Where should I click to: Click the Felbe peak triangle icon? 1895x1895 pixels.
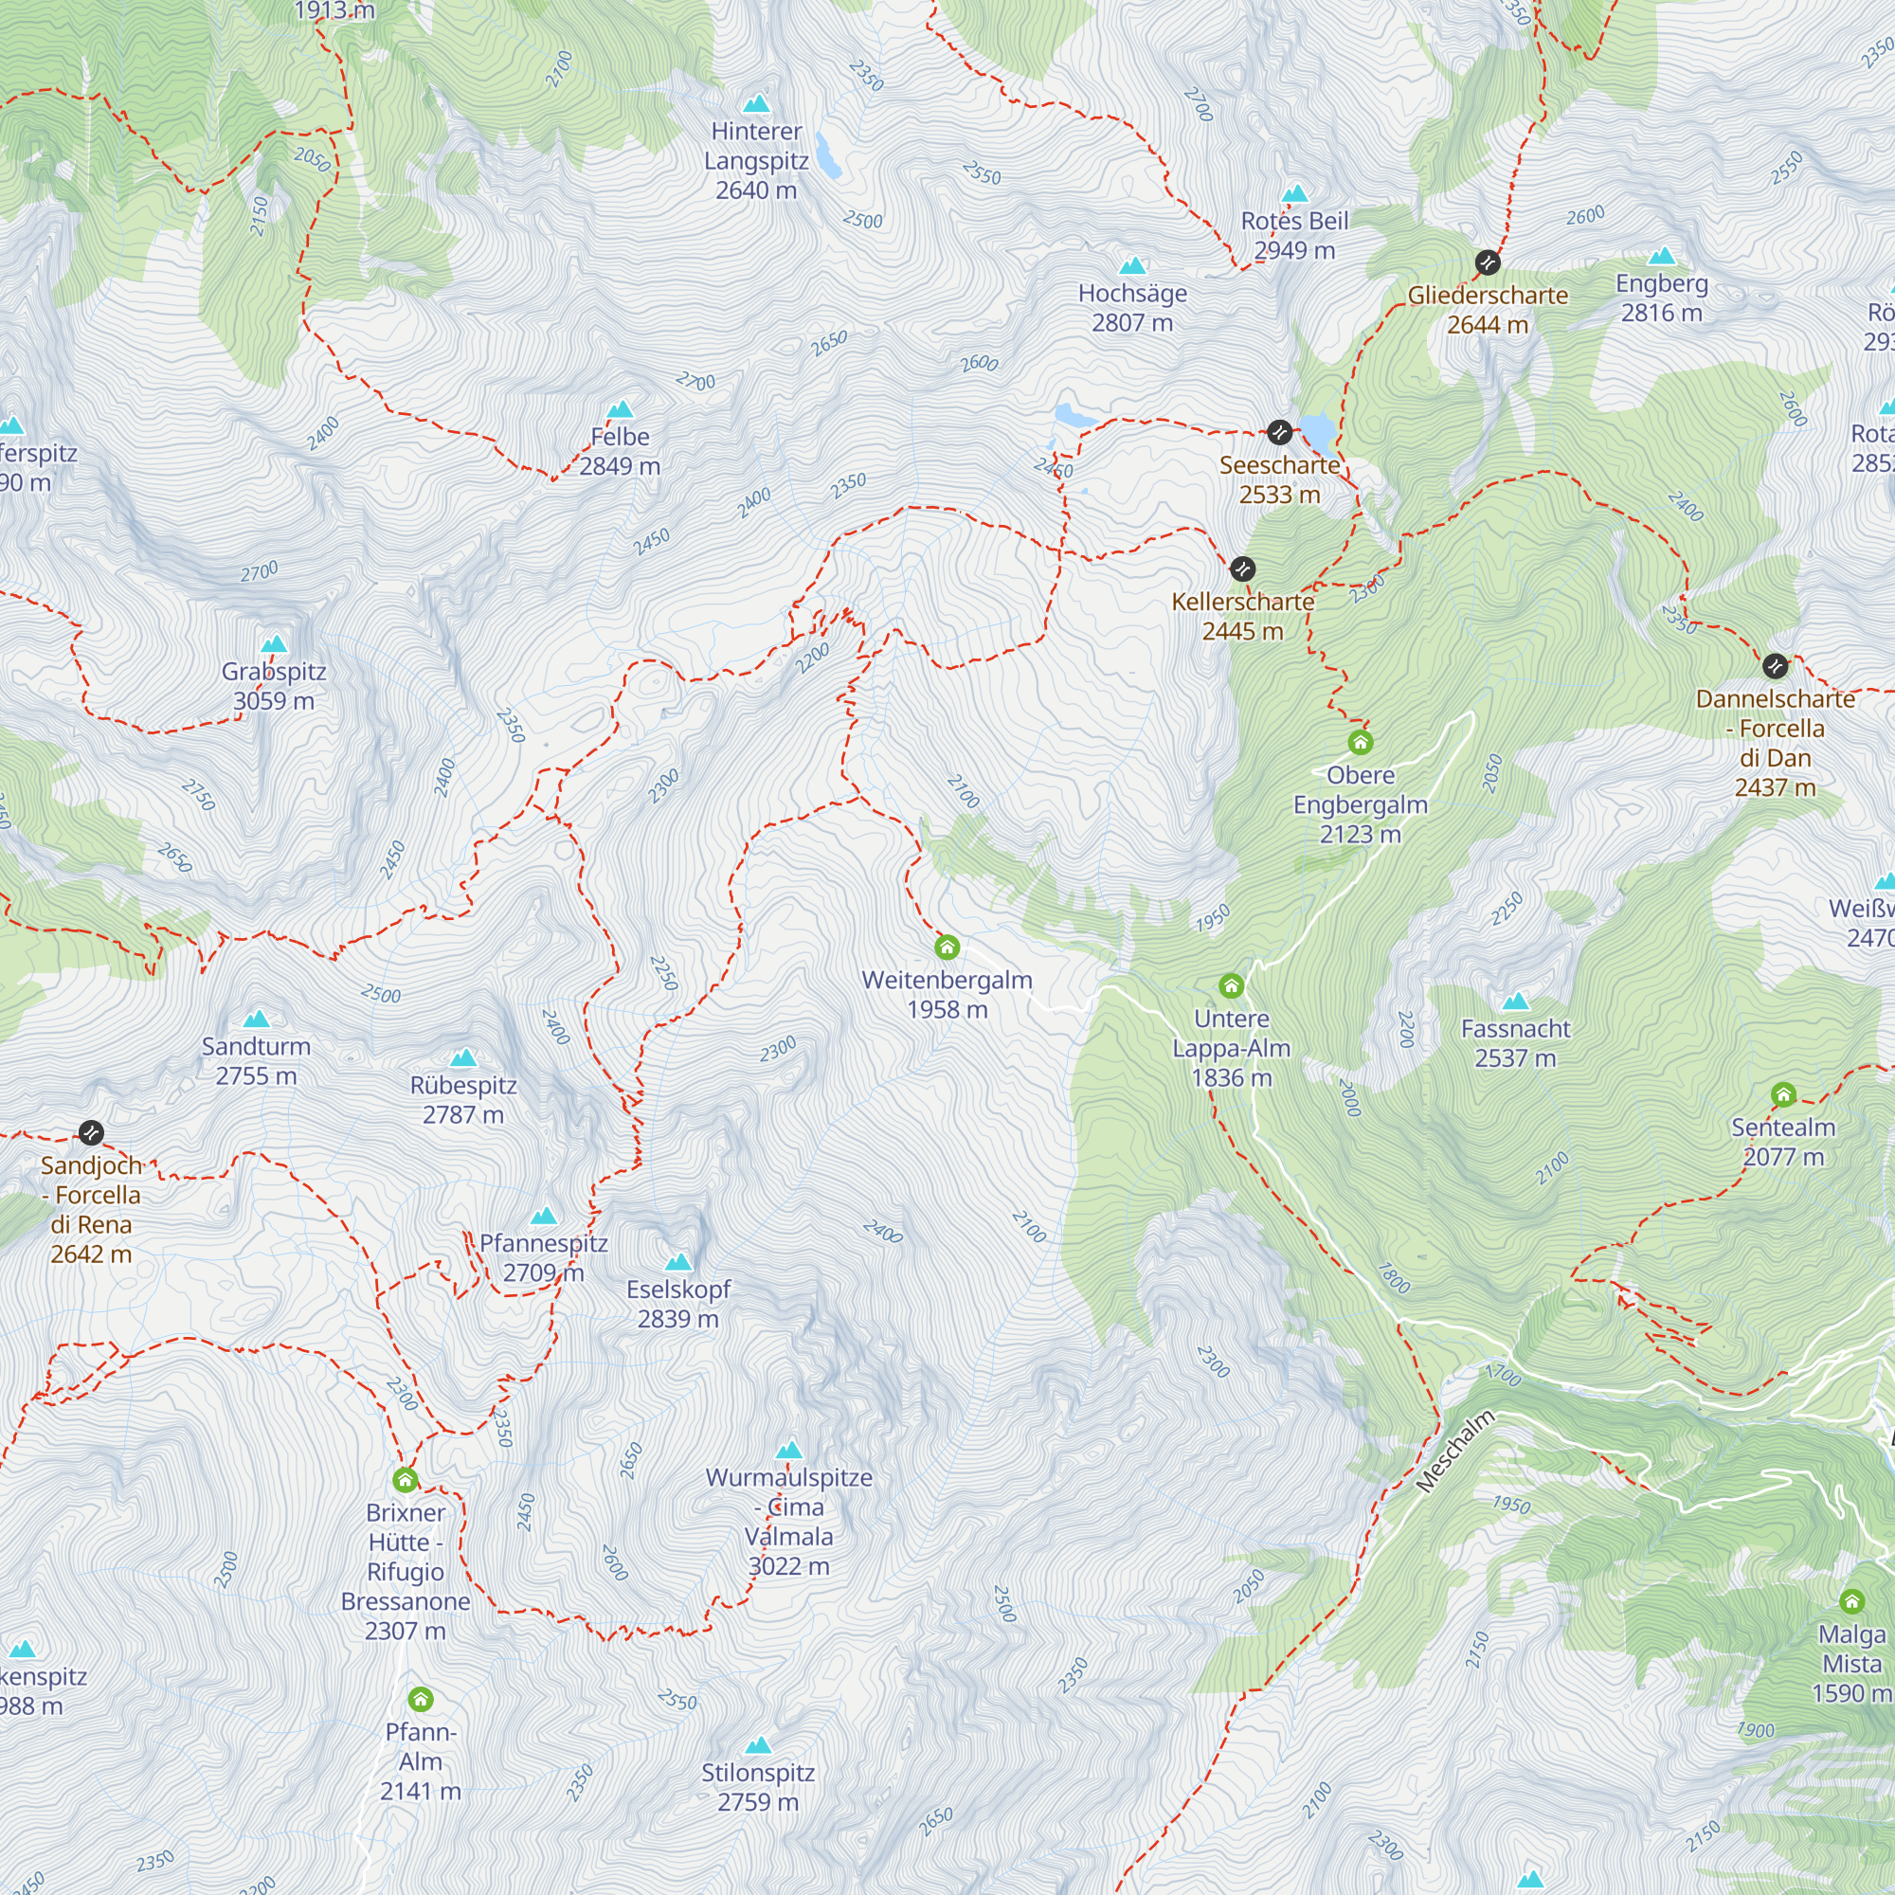[x=620, y=409]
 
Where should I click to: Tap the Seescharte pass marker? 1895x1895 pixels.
[x=1279, y=431]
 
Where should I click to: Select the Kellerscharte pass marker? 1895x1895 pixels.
[x=1243, y=568]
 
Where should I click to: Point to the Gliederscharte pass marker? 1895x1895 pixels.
[x=1488, y=262]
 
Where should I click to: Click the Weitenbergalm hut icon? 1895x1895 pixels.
[x=947, y=947]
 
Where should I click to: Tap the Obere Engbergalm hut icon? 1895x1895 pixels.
[x=1360, y=742]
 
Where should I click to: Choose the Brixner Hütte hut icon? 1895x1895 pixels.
[x=406, y=1479]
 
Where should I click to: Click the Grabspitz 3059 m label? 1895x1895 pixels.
[x=274, y=686]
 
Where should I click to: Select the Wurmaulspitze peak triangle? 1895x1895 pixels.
[x=789, y=1450]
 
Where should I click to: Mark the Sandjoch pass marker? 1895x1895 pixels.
[x=90, y=1133]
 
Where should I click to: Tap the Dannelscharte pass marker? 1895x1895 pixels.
[x=1776, y=666]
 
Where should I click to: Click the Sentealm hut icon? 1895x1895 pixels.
[x=1783, y=1093]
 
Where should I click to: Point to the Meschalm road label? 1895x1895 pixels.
[x=1455, y=1451]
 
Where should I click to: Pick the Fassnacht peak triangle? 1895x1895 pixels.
[x=1515, y=1002]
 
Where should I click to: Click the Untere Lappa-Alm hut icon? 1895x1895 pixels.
[x=1231, y=984]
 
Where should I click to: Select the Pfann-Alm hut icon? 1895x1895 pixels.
[x=421, y=1699]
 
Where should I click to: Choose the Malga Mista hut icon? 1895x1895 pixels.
[x=1851, y=1601]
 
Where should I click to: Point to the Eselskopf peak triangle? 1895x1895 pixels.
[x=677, y=1261]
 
